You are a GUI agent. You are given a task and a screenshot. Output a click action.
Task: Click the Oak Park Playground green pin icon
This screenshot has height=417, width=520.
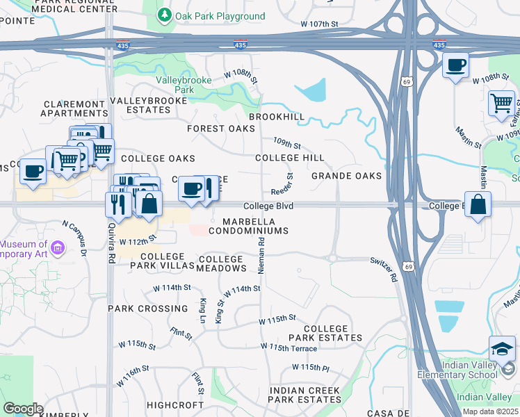(165, 15)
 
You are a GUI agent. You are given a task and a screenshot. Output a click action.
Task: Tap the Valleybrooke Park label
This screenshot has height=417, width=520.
(174, 85)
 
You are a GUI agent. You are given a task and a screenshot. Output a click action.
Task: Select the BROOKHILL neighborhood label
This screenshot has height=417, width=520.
(277, 117)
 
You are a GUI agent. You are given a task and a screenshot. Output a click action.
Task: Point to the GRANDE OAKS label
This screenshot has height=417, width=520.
(346, 176)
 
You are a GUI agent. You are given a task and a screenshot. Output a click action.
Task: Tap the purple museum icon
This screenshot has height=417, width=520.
(58, 247)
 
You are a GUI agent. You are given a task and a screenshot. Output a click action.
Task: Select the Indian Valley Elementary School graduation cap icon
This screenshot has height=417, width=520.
(502, 350)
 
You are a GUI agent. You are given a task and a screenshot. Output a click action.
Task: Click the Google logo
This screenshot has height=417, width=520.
(23, 408)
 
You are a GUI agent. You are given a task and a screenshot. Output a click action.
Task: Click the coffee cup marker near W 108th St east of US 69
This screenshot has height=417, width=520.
(455, 66)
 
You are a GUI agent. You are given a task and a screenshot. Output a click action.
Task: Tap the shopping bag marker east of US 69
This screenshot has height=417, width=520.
(478, 205)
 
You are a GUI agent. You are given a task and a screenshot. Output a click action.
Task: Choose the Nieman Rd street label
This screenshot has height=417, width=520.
(261, 255)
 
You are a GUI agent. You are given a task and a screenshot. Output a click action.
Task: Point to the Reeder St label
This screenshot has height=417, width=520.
(282, 185)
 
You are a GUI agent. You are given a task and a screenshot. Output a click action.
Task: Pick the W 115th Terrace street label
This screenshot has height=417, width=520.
(289, 347)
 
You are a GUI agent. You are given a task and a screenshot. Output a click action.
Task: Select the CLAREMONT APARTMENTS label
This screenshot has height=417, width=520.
(74, 108)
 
